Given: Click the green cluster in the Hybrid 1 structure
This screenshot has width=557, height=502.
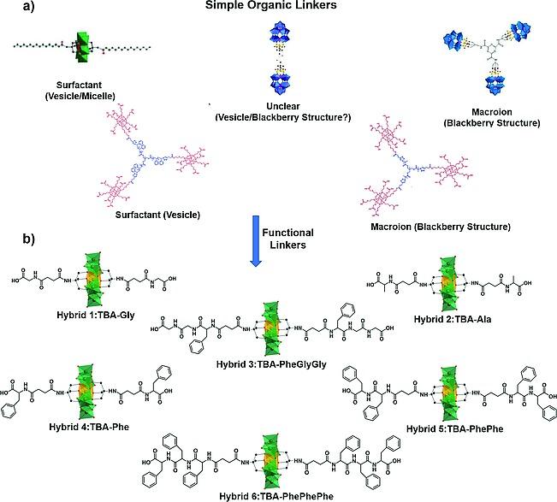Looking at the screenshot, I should point(93,277).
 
